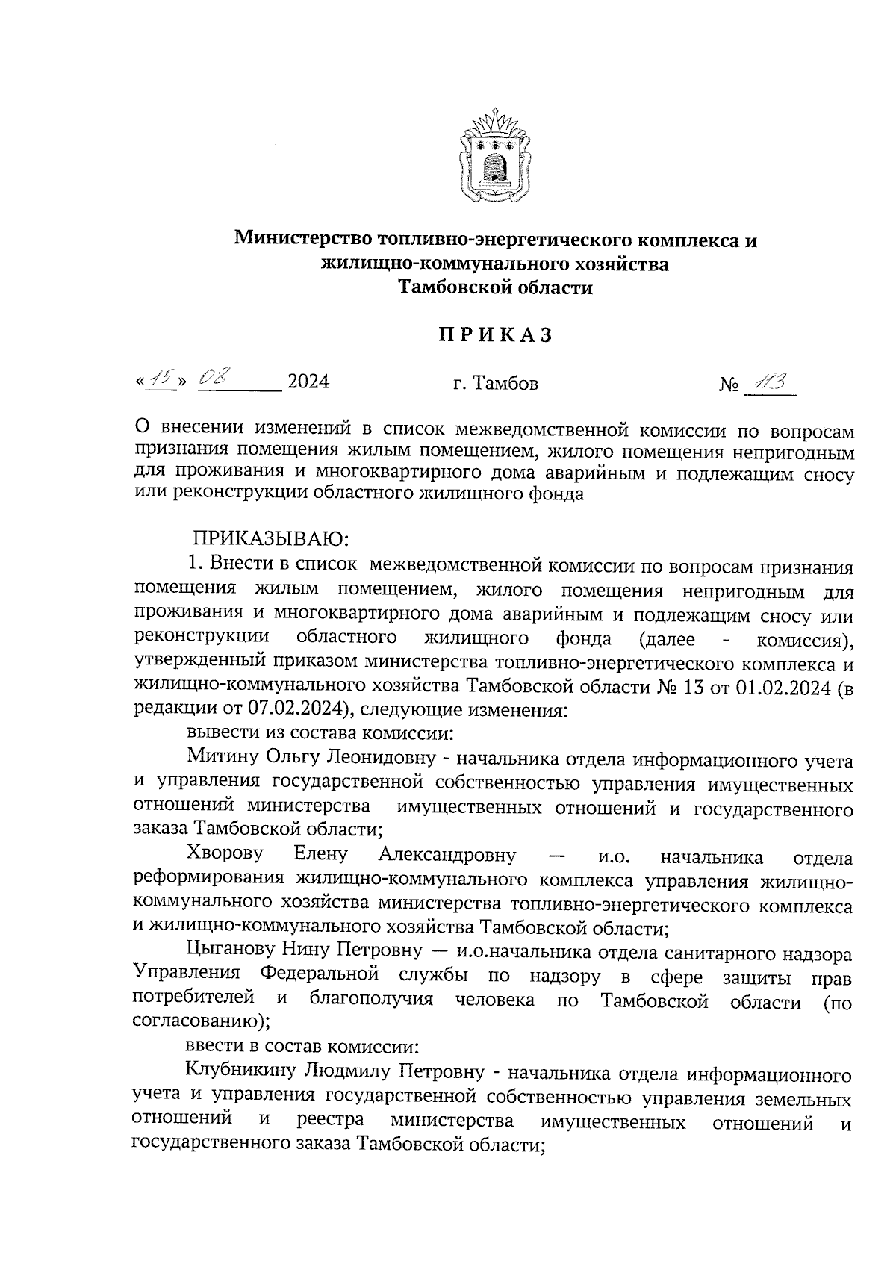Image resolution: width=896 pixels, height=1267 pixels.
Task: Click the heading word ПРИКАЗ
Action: coord(495,336)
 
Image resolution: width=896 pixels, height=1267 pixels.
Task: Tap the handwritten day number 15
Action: coord(161,381)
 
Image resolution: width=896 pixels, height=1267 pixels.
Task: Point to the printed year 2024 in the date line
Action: coord(308,382)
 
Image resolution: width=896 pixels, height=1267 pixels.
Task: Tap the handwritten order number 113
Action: coord(769,382)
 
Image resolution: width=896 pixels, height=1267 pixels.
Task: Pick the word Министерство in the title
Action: coord(305,240)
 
